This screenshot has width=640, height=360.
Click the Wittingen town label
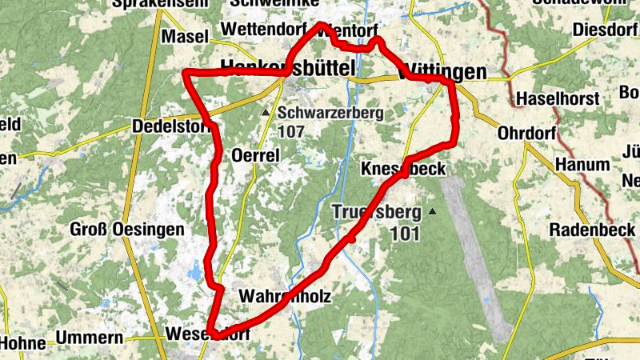pyautogui.click(x=442, y=72)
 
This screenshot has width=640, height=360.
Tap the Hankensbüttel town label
pyautogui.click(x=287, y=69)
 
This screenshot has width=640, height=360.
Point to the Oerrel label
pyautogui.click(x=254, y=155)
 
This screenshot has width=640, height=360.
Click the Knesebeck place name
pyautogui.click(x=402, y=170)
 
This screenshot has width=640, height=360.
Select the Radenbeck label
pyautogui.click(x=592, y=230)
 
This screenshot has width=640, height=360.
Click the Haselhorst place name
pyautogui.click(x=557, y=98)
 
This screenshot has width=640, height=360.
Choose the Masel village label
pyautogui.click(x=185, y=37)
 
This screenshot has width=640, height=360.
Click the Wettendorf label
pyautogui.click(x=263, y=29)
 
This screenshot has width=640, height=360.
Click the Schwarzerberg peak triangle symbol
pyautogui.click(x=266, y=113)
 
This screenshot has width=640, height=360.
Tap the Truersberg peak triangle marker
pyautogui.click(x=432, y=212)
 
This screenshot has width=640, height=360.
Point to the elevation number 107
pyautogui.click(x=293, y=130)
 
